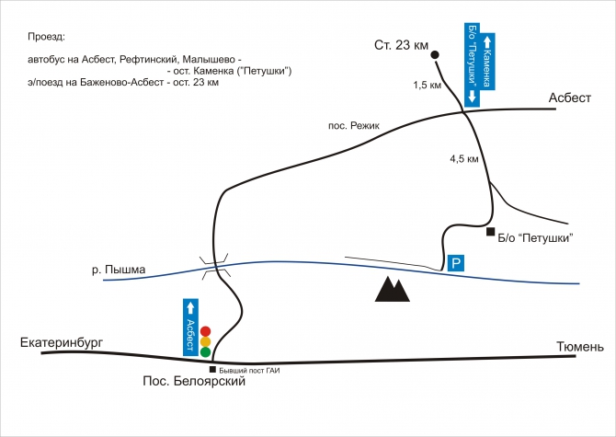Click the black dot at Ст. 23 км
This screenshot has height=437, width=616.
(435, 55)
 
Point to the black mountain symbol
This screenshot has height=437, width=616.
(392, 289)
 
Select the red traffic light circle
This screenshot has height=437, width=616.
(206, 331)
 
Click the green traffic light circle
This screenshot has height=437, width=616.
(206, 351)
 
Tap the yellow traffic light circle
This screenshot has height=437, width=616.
(206, 341)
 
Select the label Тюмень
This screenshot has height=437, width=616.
(580, 347)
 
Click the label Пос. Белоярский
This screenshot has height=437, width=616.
(194, 382)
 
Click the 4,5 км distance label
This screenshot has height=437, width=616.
(465, 159)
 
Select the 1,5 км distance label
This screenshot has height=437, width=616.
(428, 85)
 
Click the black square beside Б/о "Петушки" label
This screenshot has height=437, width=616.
(491, 232)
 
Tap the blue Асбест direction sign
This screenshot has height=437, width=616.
(191, 328)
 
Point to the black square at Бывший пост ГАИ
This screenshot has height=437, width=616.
(214, 370)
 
